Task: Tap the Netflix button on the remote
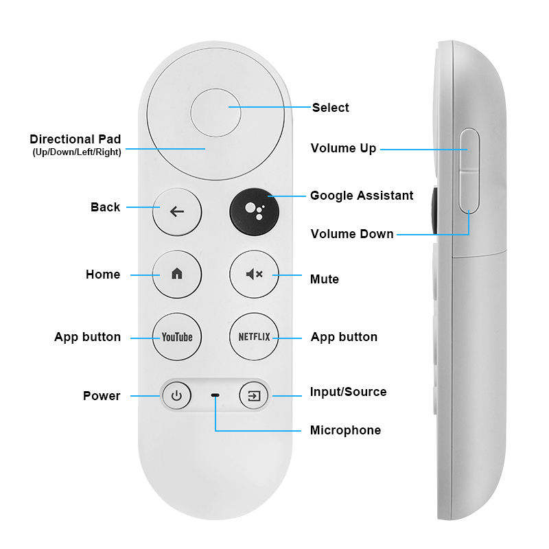[254, 337]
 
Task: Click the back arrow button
[177, 211]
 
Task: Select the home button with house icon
[177, 274]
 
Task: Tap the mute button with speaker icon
[254, 274]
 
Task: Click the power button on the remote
[176, 396]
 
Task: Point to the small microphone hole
[215, 396]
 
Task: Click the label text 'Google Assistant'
[362, 196]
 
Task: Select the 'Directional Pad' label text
[75, 139]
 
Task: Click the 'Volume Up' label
[343, 148]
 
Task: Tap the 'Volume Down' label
[352, 234]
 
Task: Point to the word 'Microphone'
[345, 430]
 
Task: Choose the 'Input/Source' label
[349, 392]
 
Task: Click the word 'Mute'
[325, 279]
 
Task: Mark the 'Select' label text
[331, 108]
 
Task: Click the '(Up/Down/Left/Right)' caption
[77, 152]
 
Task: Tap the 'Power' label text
[102, 396]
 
